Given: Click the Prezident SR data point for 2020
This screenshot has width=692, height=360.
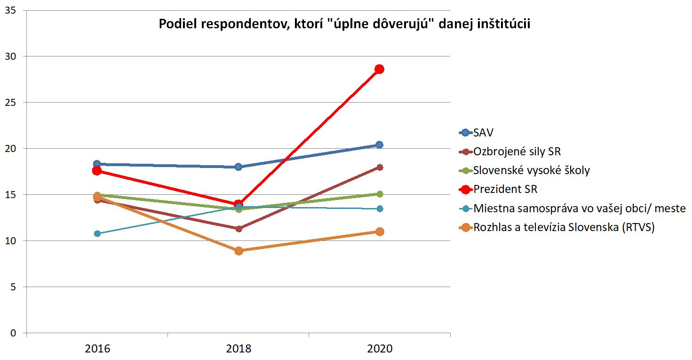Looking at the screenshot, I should (x=379, y=69).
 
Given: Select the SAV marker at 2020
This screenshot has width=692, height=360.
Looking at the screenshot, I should (x=379, y=145).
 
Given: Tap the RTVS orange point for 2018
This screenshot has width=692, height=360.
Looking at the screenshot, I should (x=239, y=251).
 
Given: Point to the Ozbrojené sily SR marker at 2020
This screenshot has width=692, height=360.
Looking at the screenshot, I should (x=379, y=167).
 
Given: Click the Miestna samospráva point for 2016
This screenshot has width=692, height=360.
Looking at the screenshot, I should (x=97, y=233).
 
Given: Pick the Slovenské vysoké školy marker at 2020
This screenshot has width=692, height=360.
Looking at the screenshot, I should (x=379, y=194).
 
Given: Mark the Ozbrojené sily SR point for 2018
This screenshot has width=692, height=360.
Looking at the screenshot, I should (x=239, y=229).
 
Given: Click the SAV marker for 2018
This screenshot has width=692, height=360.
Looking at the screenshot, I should (x=239, y=167).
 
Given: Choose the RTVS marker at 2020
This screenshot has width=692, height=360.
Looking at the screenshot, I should (x=379, y=232).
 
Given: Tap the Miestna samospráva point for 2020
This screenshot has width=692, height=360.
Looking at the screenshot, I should (x=379, y=208).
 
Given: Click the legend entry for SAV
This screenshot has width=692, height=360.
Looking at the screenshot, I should (x=484, y=133).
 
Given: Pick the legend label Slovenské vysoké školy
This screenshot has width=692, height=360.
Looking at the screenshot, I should (x=532, y=170).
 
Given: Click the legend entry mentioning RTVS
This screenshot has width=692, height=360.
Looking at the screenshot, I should (x=564, y=227).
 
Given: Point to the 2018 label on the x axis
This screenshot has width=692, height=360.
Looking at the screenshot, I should (x=239, y=349).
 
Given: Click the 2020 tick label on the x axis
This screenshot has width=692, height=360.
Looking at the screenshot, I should (x=380, y=349).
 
